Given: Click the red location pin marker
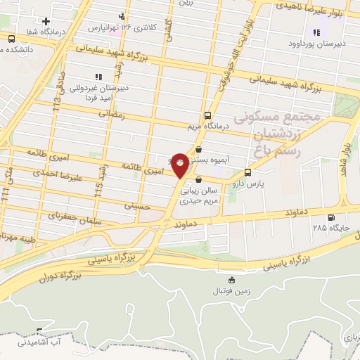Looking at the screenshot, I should (x=180, y=165).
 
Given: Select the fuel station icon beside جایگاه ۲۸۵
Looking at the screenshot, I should (x=330, y=217).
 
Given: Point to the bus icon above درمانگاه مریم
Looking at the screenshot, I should (x=207, y=115).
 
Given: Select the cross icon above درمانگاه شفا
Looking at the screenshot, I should (x=46, y=22).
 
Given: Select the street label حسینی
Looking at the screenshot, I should (x=138, y=206).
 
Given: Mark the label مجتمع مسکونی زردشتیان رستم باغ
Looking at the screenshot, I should (x=285, y=132).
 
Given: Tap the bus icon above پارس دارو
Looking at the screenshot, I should (x=247, y=173).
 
